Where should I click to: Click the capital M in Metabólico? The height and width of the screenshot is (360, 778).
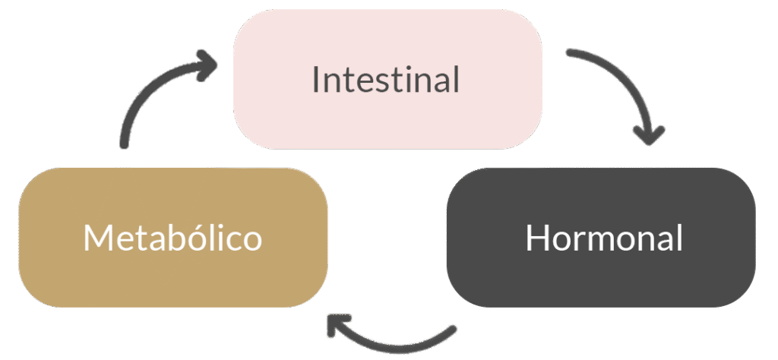point(99,238)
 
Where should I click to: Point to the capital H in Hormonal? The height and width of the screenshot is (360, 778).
point(537,238)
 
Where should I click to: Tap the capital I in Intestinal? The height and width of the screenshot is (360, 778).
point(316,79)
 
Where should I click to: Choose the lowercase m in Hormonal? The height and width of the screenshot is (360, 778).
point(606,242)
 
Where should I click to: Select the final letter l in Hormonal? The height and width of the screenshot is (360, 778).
point(678,238)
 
